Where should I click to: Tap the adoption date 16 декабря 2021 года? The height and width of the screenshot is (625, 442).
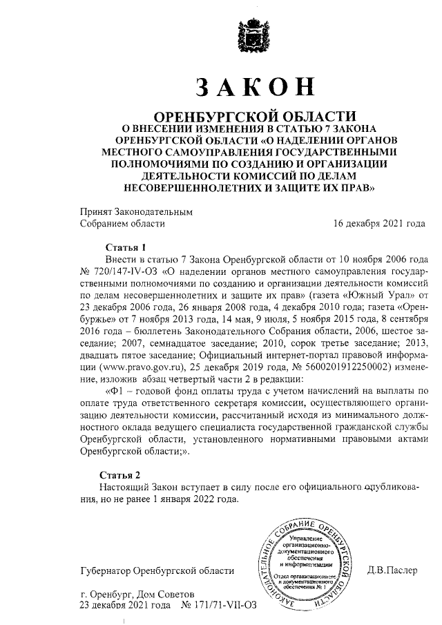379,224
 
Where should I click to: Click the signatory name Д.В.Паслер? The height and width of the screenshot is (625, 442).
392,570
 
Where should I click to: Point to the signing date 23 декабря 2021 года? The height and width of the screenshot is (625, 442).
125,606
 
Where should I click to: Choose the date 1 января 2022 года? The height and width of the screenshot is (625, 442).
195,499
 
